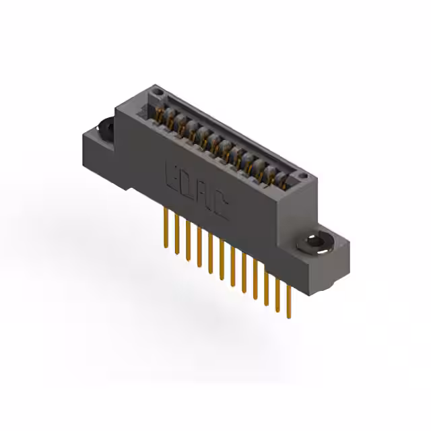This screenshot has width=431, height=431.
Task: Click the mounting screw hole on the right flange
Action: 314,243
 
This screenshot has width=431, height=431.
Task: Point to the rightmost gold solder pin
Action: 290,300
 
